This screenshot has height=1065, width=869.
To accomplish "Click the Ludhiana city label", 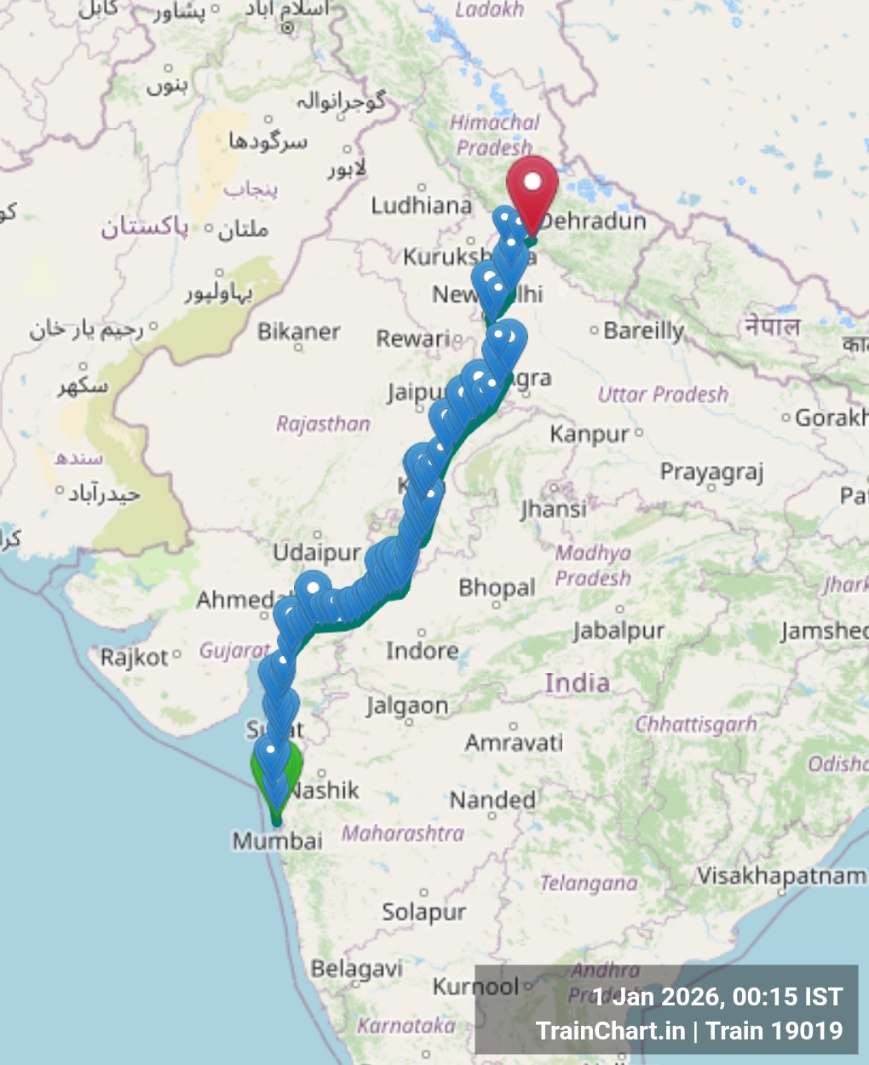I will (421, 205).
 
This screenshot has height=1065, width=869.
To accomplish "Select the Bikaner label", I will (299, 331).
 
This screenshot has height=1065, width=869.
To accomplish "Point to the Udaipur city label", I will (317, 552).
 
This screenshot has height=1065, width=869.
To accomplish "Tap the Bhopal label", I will (497, 587).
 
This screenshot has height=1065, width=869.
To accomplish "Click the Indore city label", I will (422, 651).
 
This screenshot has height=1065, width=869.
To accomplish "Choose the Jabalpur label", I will (619, 630).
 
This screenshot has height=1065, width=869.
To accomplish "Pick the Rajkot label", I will (135, 657).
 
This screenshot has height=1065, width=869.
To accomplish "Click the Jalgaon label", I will (407, 706).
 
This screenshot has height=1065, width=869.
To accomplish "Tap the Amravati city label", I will (514, 743).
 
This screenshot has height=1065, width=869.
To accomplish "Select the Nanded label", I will (492, 800).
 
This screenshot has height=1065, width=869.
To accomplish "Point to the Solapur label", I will (423, 912).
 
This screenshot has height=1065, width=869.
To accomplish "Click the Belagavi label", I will (356, 969).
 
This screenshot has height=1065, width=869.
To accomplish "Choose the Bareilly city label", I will (643, 331).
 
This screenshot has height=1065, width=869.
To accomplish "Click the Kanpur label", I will (590, 435).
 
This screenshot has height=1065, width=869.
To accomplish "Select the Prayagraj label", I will (711, 472).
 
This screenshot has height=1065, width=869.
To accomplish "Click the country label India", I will (578, 682).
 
